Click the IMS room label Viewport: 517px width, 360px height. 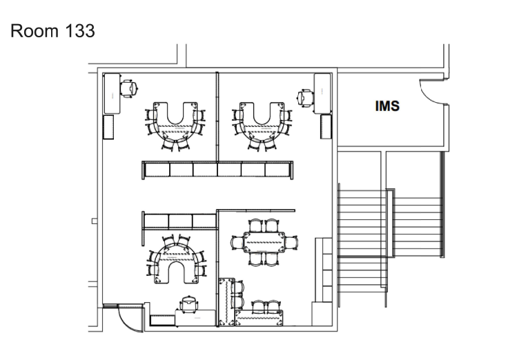(387, 107)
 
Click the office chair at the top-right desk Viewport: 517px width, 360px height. (304, 97)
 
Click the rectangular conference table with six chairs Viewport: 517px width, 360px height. (264, 241)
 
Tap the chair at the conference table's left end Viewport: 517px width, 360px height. (236, 241)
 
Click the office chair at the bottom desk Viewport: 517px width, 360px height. (188, 303)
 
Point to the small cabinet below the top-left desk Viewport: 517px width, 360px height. (108, 126)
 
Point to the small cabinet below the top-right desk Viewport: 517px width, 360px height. (325, 126)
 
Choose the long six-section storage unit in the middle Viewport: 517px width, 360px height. (217, 170)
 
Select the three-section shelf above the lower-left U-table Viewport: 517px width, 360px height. (180, 221)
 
